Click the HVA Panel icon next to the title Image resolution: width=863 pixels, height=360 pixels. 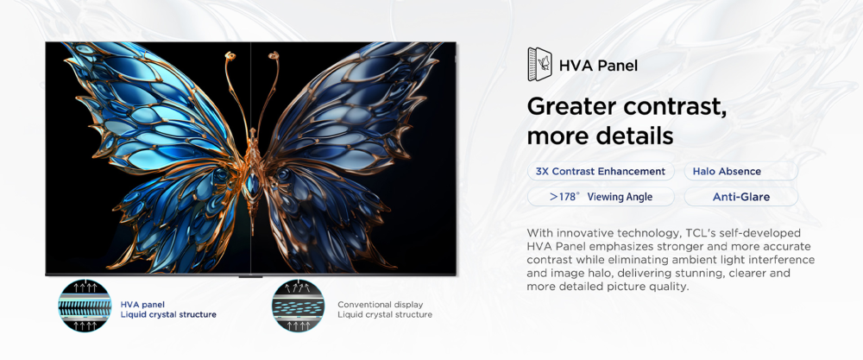pos(540,65)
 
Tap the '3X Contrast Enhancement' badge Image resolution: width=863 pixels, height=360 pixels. pos(601,171)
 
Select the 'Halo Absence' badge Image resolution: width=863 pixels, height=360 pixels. pos(740,171)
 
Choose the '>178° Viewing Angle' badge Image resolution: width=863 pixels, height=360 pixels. pos(601,197)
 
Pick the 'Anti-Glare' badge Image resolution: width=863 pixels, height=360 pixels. pos(740,197)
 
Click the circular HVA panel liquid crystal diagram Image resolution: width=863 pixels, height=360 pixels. pos(85,306)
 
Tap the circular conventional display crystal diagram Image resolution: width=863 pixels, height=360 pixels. pos(299,306)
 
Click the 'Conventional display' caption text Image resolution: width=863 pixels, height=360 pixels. pos(381,305)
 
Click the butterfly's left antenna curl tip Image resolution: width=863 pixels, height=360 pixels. pos(230,55)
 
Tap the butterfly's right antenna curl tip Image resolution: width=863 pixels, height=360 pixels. pos(273,55)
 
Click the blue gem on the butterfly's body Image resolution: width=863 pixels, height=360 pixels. pos(251,181)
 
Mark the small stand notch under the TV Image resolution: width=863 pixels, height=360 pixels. pos(250,275)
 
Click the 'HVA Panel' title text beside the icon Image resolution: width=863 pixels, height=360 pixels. pos(598,66)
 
